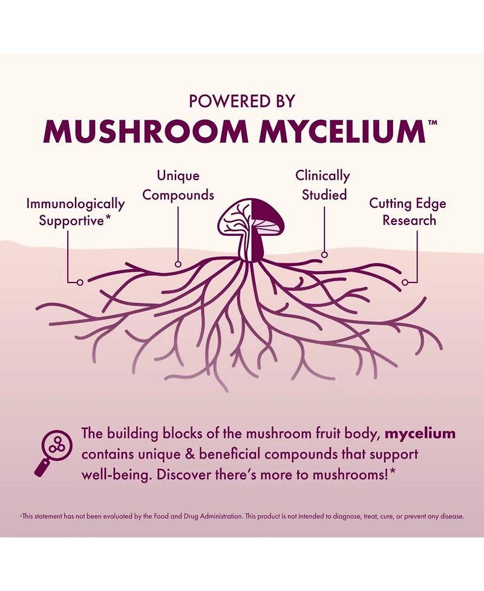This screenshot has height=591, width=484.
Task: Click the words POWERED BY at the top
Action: click(241, 101)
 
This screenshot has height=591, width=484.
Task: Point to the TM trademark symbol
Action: click(433, 123)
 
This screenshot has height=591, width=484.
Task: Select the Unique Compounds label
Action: click(178, 185)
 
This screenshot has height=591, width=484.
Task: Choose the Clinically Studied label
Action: click(323, 185)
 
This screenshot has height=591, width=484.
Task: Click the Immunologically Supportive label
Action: click(76, 212)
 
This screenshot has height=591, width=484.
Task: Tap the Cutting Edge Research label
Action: click(408, 212)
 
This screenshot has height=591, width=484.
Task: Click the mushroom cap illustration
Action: click(252, 217)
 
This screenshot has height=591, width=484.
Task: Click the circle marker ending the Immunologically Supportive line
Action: click(80, 282)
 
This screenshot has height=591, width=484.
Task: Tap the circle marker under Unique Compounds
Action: click(178, 264)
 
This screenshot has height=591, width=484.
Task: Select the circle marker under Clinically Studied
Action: click(324, 255)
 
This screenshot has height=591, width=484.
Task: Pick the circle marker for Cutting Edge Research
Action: click(405, 282)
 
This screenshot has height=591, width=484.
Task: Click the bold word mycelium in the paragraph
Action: click(420, 434)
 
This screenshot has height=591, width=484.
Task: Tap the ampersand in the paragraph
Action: click(191, 454)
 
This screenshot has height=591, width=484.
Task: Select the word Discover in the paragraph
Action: click(183, 474)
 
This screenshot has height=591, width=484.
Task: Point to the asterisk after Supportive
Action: click(108, 217)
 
